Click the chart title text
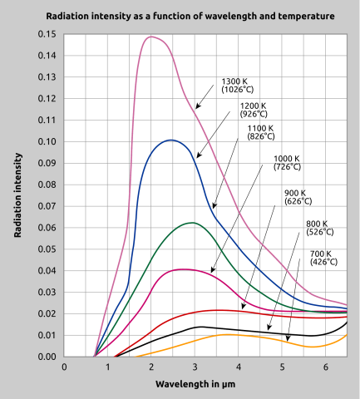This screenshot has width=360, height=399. tap(180, 17)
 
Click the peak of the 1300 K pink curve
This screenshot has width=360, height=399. tap(151, 37)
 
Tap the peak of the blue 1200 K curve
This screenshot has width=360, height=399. tap(170, 140)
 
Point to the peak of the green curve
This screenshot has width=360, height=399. tap(191, 223)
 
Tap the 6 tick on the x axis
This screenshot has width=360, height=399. tap(325, 367)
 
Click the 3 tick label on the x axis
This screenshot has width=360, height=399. tap(195, 367)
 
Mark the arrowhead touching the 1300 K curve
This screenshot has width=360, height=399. tap(197, 107)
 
